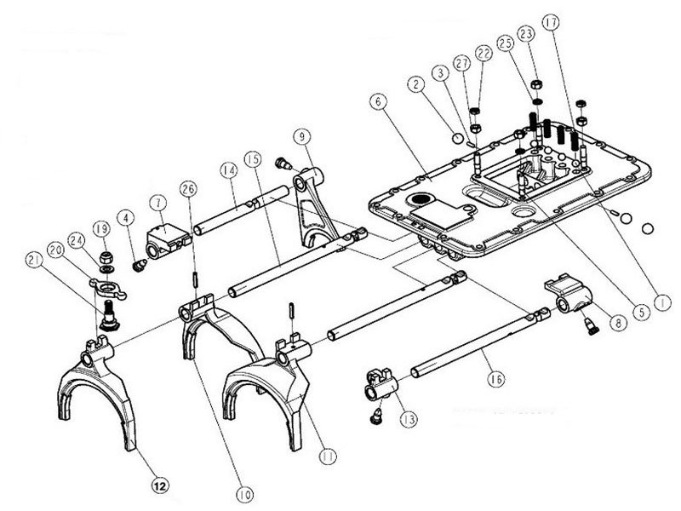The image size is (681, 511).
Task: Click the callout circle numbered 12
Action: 160,485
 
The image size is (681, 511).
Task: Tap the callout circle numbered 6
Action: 378,101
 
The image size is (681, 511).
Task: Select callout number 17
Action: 551,23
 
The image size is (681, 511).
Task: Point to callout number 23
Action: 526,34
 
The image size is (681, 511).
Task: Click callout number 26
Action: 188,189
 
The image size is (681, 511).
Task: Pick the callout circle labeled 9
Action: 302,137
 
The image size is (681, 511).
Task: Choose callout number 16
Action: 496,379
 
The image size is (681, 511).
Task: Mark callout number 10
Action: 244,495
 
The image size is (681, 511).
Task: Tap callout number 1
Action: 662,303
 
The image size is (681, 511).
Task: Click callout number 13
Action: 409,419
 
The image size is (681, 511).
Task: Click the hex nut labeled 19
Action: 106,258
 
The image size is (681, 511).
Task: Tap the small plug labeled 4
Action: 139,265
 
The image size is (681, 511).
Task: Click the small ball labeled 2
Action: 458,139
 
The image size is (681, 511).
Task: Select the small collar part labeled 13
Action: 381,383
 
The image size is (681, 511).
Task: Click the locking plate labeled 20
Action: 108,288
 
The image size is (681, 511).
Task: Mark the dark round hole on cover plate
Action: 420,199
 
